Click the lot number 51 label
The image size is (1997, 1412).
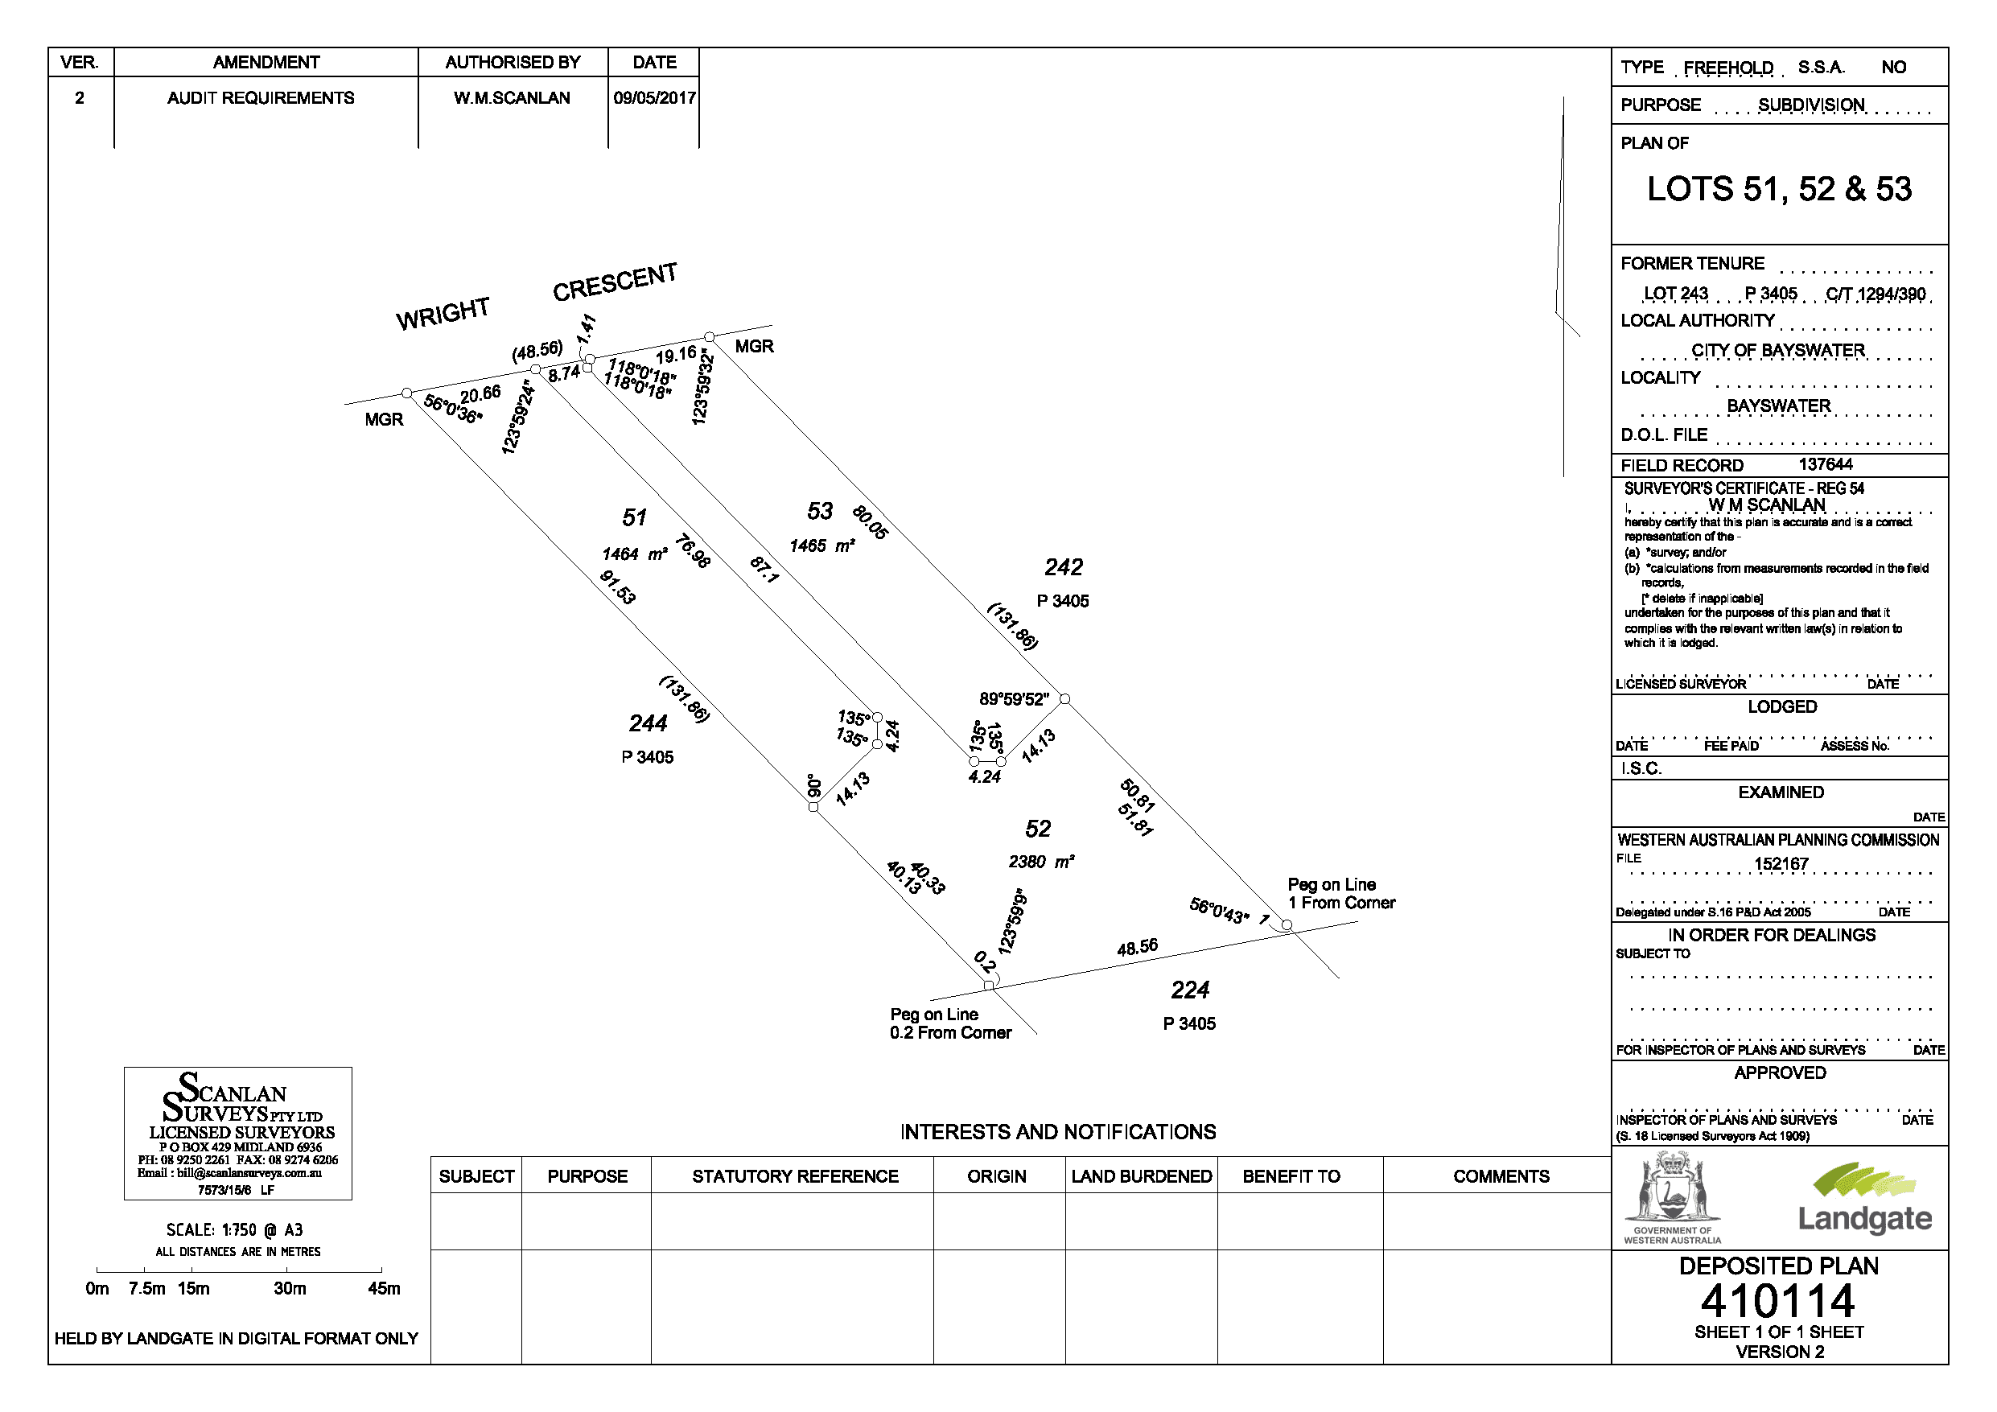(x=634, y=518)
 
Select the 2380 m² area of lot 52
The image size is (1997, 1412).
(x=1041, y=862)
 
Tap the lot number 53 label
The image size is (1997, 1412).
(x=819, y=512)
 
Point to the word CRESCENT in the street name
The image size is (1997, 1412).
(x=614, y=282)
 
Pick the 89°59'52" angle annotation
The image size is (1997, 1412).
(x=1014, y=699)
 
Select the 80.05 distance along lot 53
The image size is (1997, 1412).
(x=870, y=522)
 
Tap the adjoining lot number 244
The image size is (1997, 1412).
(x=648, y=724)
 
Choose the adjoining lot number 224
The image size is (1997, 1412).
(x=1189, y=990)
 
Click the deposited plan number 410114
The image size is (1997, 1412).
(x=1778, y=1302)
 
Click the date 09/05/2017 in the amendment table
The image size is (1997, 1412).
(x=654, y=98)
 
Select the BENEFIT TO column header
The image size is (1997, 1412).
(x=1291, y=1177)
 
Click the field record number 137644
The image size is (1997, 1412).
(x=1826, y=464)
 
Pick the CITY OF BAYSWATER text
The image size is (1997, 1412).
(x=1778, y=351)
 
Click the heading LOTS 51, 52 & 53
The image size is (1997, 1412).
(x=1779, y=190)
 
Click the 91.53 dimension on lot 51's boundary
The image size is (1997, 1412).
(x=618, y=587)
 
